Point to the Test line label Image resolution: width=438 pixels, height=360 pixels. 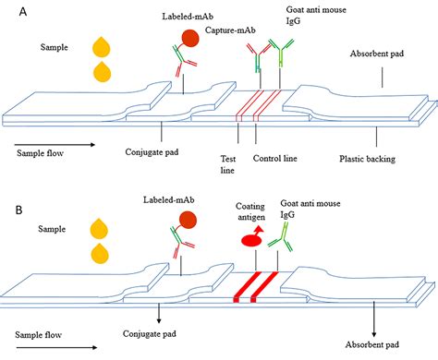237,162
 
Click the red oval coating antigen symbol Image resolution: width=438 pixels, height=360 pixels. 254,240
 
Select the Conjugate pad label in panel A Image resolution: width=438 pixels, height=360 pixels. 158,150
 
